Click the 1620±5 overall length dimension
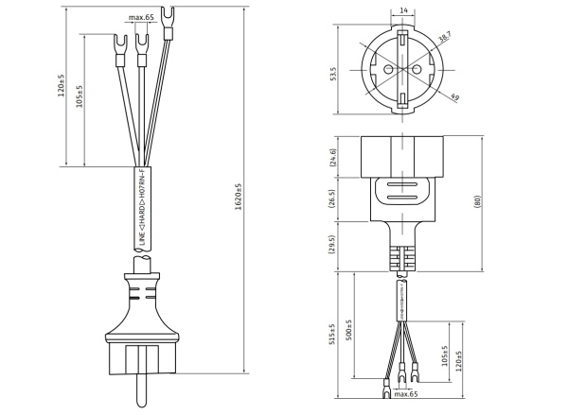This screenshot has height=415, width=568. [238, 197]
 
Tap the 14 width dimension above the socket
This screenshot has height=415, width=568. [403, 10]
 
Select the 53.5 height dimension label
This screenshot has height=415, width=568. [333, 74]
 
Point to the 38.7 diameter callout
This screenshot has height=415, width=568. [444, 37]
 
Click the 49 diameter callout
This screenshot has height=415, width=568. [455, 96]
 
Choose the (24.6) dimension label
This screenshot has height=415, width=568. [333, 157]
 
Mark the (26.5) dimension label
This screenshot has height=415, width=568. [332, 199]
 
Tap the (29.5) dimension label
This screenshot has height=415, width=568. [332, 245]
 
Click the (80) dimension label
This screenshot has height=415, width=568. [477, 201]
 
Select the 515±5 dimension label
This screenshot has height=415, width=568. [332, 334]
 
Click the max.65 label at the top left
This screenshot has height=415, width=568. [141, 17]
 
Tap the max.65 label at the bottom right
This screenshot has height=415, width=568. [406, 393]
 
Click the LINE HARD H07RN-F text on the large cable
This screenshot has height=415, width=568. [142, 207]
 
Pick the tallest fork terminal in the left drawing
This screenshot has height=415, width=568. [167, 23]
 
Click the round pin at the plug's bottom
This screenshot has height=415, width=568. [142, 390]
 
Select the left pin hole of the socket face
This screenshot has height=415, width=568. [388, 69]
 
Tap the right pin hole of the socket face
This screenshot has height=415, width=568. [417, 69]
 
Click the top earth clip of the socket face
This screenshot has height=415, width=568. [402, 39]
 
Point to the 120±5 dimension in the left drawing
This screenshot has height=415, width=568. [61, 85]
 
